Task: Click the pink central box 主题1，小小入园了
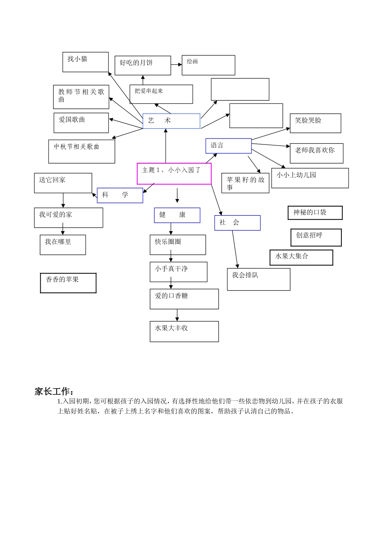(174, 174)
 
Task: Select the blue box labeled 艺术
(171, 121)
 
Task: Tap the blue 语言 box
(228, 146)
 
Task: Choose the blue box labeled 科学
(120, 195)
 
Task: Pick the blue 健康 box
(177, 215)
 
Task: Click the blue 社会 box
(237, 223)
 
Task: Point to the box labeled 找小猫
(85, 62)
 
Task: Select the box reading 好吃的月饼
(142, 65)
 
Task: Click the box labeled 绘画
(208, 65)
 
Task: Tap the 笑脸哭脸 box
(316, 123)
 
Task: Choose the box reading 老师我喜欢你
(316, 153)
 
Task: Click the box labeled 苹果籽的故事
(245, 183)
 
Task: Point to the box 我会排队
(258, 279)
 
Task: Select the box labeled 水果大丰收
(184, 331)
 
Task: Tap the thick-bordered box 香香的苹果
(68, 283)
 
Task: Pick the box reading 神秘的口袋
(315, 213)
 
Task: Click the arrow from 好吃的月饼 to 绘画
(176, 64)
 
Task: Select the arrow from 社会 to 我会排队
(235, 249)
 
